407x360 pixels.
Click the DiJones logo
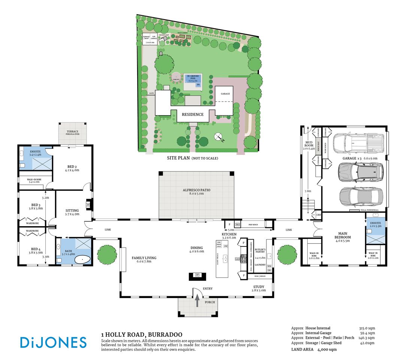[53, 342]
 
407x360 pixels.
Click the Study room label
[259, 288]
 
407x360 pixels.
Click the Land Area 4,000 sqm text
[314, 349]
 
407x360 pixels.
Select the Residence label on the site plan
[193, 114]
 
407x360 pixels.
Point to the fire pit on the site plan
[176, 76]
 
